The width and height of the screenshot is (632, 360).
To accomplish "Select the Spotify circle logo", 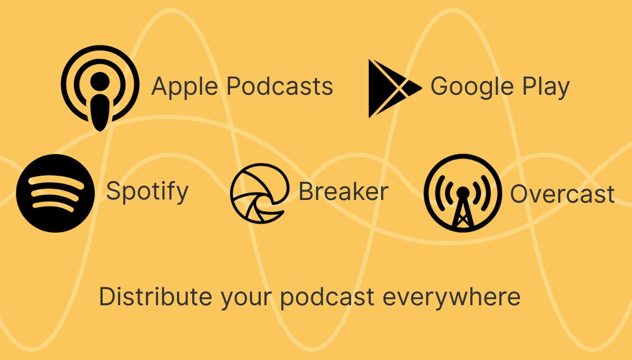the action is (x=55, y=193).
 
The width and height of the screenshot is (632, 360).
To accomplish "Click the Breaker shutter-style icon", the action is (x=260, y=193).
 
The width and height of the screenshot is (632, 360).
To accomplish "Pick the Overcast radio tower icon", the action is (x=463, y=193).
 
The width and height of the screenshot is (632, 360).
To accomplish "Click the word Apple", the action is (x=185, y=86).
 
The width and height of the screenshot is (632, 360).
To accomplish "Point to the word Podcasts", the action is (x=280, y=86).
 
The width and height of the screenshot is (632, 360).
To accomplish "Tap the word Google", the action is (x=472, y=87).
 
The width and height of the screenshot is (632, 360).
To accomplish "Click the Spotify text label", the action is (x=147, y=192).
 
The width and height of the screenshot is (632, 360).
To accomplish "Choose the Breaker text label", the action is (x=343, y=191).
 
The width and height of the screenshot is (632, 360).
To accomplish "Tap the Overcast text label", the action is (x=562, y=194).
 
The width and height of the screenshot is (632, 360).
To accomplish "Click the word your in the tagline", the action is (x=246, y=299).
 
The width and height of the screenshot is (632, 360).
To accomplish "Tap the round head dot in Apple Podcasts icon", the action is (x=100, y=82).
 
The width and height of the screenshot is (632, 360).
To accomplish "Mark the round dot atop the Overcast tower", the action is (x=463, y=193).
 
